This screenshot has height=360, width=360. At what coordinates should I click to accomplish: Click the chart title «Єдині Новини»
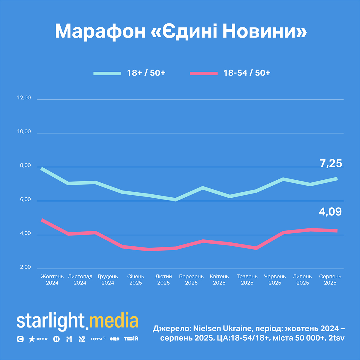(x=181, y=31)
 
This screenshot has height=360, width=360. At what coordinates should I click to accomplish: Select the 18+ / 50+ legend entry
(x=130, y=73)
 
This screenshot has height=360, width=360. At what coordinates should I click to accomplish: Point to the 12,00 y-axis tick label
(x=24, y=98)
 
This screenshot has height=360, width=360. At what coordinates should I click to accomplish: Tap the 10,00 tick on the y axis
(x=24, y=132)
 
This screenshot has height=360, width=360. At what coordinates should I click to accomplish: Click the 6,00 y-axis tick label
(x=24, y=199)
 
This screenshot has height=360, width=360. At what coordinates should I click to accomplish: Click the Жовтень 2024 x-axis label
(x=52, y=280)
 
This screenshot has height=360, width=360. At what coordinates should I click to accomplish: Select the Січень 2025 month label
(x=136, y=280)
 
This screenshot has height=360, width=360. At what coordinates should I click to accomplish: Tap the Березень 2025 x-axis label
(x=191, y=280)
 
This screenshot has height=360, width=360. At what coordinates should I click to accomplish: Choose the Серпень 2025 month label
(x=330, y=280)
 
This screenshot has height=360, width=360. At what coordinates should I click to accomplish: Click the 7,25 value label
(x=331, y=163)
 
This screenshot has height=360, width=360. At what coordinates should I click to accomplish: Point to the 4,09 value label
(x=330, y=212)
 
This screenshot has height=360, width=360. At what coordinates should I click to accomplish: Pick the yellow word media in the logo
(x=114, y=321)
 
